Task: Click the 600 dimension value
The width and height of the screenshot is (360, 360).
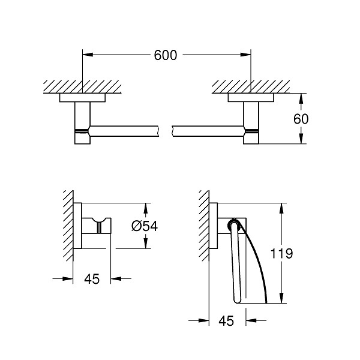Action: pyautogui.click(x=166, y=55)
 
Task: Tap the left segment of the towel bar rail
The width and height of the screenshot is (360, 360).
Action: pyautogui.click(x=123, y=130)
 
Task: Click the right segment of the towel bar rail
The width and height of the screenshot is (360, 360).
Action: pyautogui.click(x=207, y=130)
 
